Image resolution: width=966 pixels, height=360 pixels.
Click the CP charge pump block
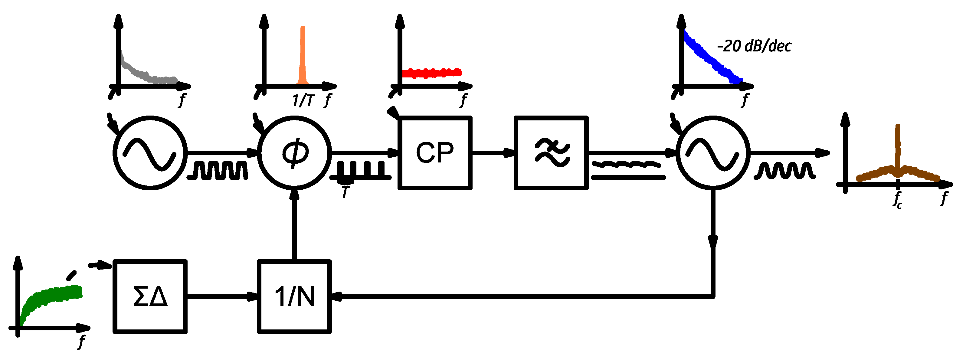pyautogui.click(x=435, y=153)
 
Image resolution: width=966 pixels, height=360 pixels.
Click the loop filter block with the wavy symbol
pyautogui.click(x=551, y=153)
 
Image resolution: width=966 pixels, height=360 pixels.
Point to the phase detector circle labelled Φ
pyautogui.click(x=294, y=153)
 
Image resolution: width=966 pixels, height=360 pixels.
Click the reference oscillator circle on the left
pyautogui.click(x=150, y=153)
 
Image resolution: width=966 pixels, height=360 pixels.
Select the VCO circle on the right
pyautogui.click(x=713, y=153)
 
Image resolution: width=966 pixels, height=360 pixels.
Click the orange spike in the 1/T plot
pyautogui.click(x=303, y=56)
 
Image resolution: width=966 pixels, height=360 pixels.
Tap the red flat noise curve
pyautogui.click(x=431, y=73)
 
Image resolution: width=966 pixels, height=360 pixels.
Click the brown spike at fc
pyautogui.click(x=898, y=150)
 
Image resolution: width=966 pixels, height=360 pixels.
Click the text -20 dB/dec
pyautogui.click(x=754, y=46)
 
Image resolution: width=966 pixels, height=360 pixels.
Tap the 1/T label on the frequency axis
pyautogui.click(x=303, y=100)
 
